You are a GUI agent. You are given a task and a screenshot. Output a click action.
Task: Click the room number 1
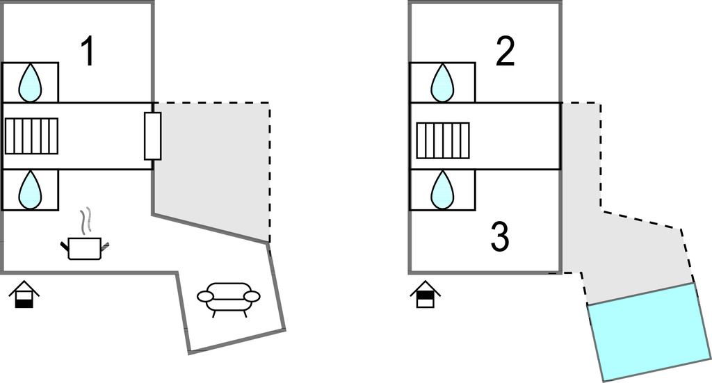pyautogui.click(x=87, y=52)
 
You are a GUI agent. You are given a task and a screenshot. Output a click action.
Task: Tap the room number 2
pyautogui.click(x=505, y=53)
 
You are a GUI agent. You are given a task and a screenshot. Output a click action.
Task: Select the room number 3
pyautogui.click(x=500, y=238)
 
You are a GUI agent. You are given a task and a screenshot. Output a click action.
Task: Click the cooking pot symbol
pyautogui.click(x=85, y=248)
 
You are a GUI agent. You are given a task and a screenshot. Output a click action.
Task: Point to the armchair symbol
pyautogui.click(x=229, y=297)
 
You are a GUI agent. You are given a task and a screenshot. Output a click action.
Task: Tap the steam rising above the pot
pyautogui.click(x=86, y=220)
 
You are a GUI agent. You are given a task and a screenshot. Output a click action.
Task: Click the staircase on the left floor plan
pyautogui.click(x=31, y=136)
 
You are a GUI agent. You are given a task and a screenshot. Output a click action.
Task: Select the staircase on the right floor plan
pyautogui.click(x=442, y=140)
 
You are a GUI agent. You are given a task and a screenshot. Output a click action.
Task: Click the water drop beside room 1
pyautogui.click(x=29, y=83)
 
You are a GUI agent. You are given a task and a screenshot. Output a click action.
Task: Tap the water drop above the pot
pyautogui.click(x=29, y=190)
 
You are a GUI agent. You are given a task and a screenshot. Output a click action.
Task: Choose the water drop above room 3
pyautogui.click(x=442, y=190)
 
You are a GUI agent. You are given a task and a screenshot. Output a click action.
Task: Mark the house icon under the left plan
pyautogui.click(x=24, y=294)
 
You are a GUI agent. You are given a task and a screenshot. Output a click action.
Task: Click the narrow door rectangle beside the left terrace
pyautogui.click(x=152, y=135)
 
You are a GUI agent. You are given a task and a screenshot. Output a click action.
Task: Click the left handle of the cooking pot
pyautogui.click(x=65, y=245)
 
